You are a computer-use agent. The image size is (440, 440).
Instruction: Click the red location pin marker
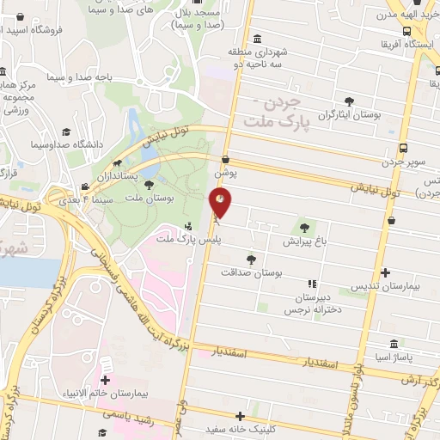pyautogui.click(x=220, y=203)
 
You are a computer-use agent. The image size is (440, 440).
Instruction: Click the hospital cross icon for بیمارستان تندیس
pyautogui.click(x=384, y=272)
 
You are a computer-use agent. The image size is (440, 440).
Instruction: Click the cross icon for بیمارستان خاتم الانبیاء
pyautogui.click(x=105, y=380)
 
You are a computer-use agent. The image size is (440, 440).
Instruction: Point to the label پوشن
pyautogui.click(x=225, y=171)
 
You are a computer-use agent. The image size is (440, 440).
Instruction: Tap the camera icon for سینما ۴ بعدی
pyautogui.click(x=85, y=186)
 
